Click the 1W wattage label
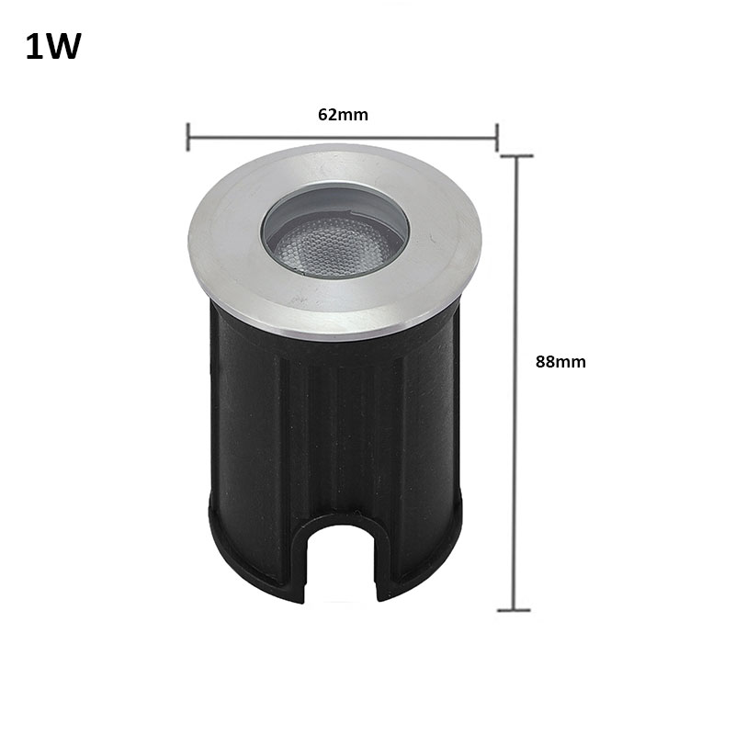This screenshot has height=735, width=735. click(53, 47)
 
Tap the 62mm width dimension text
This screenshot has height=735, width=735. click(343, 115)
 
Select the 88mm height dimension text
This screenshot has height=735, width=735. click(560, 362)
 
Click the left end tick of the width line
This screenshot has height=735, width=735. click(188, 137)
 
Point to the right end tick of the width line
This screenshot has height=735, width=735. click(497, 137)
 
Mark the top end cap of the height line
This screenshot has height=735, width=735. click(516, 155)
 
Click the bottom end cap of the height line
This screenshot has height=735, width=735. click(514, 610)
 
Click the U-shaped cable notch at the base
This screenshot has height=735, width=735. click(341, 558)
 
